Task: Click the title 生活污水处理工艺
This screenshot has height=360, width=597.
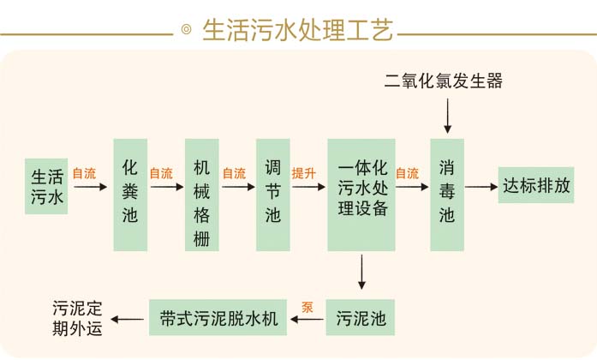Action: (297, 31)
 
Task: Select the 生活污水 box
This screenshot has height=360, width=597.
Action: (48, 186)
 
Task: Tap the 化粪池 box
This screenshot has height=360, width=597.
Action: (130, 193)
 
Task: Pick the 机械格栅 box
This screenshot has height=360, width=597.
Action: (202, 193)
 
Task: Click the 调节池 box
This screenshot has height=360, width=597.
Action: (272, 193)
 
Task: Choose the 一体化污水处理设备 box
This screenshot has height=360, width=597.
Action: (361, 193)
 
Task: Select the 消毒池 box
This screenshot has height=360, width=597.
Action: (446, 193)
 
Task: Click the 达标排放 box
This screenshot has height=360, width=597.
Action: (536, 185)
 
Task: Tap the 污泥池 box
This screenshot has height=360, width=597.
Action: (361, 320)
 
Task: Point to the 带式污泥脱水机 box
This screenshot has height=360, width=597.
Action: (219, 319)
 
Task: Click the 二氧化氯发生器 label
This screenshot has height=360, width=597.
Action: (443, 81)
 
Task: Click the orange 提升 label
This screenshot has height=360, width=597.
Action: (304, 173)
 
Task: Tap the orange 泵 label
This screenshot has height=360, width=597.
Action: (307, 305)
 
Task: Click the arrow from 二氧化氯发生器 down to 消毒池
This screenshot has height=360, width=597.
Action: (445, 113)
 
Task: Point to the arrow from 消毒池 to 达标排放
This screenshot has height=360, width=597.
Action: (481, 186)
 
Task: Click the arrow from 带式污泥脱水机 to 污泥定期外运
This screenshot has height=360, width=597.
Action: (130, 320)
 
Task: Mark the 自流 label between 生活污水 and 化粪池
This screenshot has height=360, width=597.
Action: (84, 173)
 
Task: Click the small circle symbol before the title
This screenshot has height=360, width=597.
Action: (186, 32)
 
